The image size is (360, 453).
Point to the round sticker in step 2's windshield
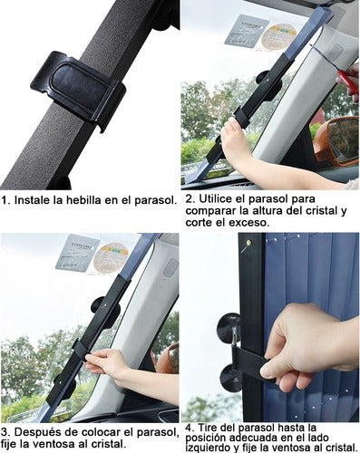coord(279,36)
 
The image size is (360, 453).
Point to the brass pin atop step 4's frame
coord(246,243)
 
